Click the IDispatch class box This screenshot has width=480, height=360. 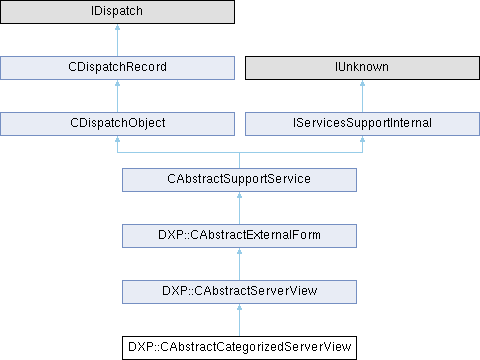[117, 12]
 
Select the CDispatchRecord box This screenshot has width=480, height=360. [117, 68]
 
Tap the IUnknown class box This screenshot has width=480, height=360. [362, 68]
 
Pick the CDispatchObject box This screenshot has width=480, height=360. [117, 124]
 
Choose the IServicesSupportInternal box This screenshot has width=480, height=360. [362, 124]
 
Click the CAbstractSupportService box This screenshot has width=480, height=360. [239, 180]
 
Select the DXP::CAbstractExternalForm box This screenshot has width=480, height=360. [239, 236]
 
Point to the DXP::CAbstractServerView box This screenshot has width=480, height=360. [239, 292]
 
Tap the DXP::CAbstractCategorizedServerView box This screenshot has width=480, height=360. [239, 348]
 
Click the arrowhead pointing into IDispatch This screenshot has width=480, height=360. [117, 27]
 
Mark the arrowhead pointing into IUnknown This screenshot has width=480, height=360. [362, 83]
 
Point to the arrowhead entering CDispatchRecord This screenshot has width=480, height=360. [117, 83]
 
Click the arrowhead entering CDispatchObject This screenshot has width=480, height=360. [117, 139]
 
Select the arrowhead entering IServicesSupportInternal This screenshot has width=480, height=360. [362, 139]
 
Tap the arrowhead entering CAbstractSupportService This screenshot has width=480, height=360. [239, 195]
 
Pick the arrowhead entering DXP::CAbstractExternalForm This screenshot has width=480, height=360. [239, 251]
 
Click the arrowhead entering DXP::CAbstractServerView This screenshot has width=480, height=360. [239, 307]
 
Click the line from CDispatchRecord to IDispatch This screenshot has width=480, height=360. [117, 40]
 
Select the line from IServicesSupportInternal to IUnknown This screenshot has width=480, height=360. [362, 96]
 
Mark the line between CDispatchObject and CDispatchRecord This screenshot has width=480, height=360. [117, 96]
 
